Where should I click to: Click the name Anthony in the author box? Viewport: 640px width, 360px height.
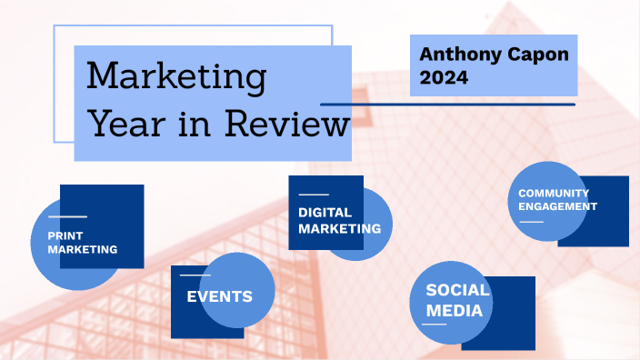[x=455, y=55]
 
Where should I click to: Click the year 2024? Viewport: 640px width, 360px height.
[x=444, y=78]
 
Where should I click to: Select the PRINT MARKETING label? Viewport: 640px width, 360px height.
[x=83, y=242]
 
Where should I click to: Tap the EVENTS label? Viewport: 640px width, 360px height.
[x=219, y=296]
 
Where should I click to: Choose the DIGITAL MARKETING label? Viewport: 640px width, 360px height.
[x=339, y=221]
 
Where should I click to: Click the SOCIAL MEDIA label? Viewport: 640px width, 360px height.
[x=458, y=301]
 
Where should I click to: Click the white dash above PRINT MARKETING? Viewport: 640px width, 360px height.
[x=67, y=217]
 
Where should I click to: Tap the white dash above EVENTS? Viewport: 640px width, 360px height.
[x=195, y=275]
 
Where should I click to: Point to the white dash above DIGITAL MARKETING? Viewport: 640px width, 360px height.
[x=314, y=195]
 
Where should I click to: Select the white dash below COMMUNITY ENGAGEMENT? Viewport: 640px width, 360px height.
[x=531, y=222]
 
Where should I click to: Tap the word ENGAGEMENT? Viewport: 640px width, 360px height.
[x=557, y=206]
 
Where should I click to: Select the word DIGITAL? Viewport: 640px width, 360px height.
[x=325, y=213]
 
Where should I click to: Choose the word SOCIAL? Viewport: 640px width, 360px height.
[x=458, y=291]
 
